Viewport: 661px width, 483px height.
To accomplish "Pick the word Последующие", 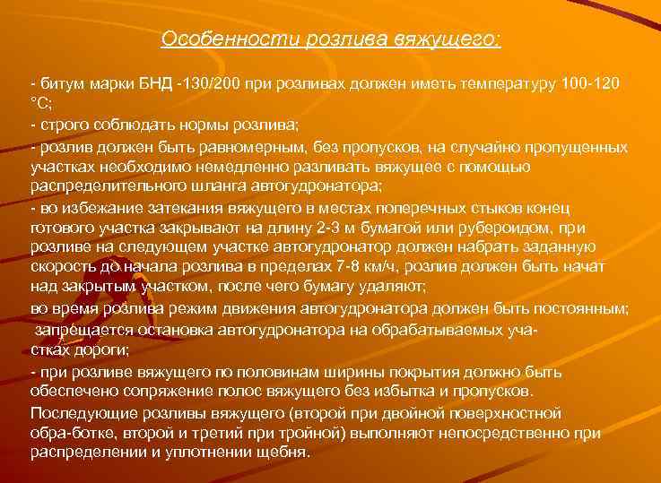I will pos(77,413).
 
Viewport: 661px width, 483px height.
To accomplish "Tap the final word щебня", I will pos(287,453).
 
